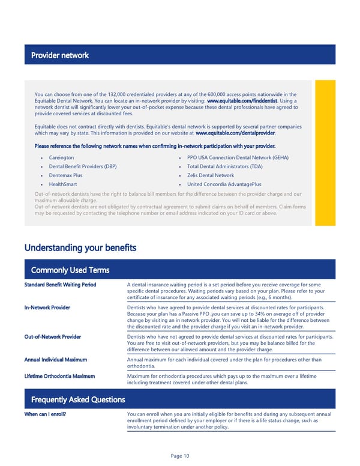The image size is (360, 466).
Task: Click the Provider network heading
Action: (x=59, y=55)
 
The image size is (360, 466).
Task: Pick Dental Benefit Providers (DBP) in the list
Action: (x=82, y=166)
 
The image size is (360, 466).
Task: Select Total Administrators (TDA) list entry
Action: (x=224, y=166)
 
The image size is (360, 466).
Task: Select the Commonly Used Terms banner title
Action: (x=70, y=271)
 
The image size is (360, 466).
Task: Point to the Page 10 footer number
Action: (x=179, y=456)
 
